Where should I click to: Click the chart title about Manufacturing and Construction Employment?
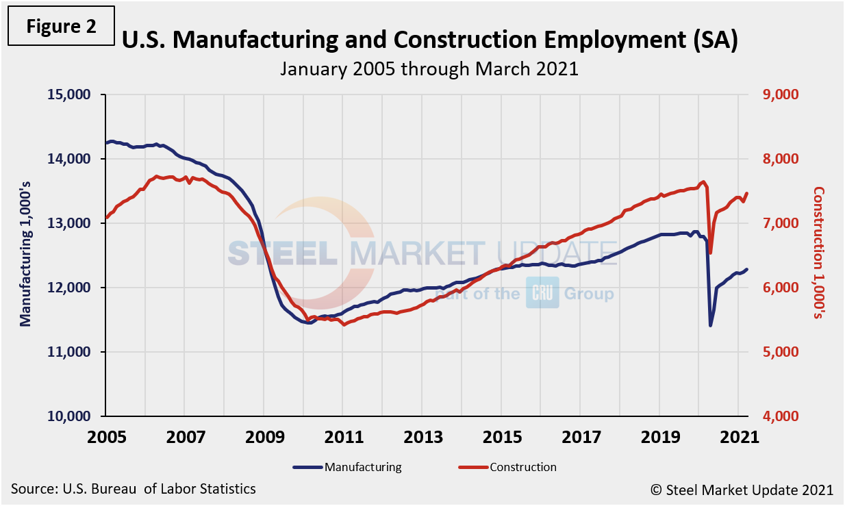429,40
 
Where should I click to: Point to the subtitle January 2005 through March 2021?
429,68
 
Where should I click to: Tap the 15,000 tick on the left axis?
71,94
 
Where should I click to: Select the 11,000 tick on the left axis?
71,352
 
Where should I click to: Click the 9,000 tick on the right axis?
782,94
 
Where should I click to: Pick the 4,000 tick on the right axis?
782,416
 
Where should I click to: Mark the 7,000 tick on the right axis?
782,223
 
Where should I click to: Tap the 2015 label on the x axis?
501,435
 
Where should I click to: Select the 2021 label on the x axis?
738,435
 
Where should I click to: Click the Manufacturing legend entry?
348,468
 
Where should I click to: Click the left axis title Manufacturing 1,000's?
26,255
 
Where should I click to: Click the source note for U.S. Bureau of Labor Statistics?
134,489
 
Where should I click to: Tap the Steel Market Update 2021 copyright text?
742,490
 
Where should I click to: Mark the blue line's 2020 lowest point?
711,325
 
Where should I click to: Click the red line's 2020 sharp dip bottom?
710,253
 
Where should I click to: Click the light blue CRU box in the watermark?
542,293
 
